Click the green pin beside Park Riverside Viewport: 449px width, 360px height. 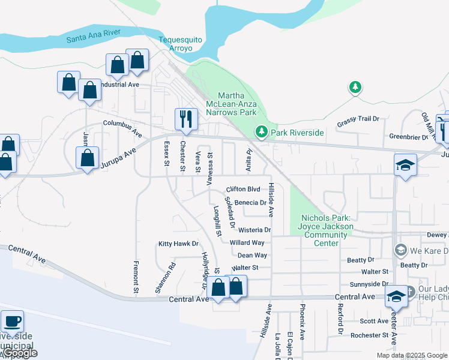(x=261, y=131)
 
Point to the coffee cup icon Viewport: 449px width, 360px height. (x=12, y=322)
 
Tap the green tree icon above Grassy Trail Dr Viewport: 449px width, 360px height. (x=355, y=88)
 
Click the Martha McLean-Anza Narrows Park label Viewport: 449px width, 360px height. (x=237, y=104)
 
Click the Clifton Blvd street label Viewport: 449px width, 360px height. (x=243, y=188)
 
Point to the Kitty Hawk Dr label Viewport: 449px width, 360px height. (x=178, y=244)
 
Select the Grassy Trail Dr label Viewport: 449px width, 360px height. (x=358, y=119)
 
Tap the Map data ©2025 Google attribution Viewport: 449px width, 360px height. (x=411, y=355)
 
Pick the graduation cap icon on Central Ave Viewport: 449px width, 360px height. (x=396, y=296)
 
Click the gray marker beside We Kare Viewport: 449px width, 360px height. (x=400, y=249)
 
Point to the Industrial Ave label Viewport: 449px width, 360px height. (x=120, y=85)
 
